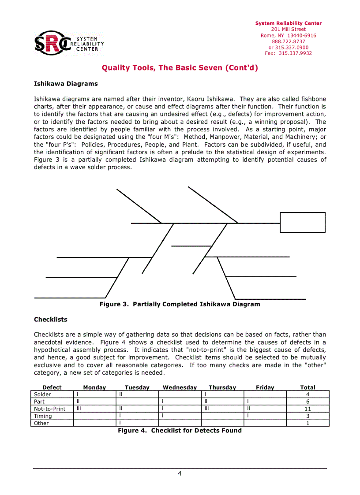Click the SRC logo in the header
point(69,43)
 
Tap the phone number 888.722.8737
point(289,41)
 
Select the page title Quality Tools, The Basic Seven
point(180,68)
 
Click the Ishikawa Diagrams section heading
point(66,84)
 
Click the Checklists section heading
point(51,319)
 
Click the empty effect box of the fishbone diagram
point(302,222)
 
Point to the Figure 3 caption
point(180,304)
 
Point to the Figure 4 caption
point(180,430)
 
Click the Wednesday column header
point(180,387)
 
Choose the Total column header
point(307,387)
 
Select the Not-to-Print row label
point(49,409)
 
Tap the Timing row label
point(43,416)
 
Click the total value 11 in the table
point(307,409)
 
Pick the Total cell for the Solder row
point(307,395)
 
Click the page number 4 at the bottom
point(180,473)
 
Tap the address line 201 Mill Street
point(289,30)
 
